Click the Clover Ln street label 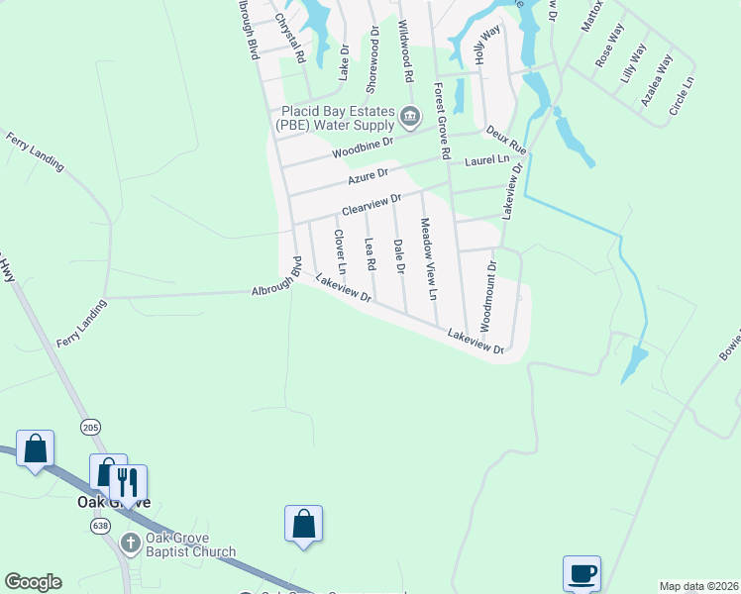[340, 252]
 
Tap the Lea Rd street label [370, 254]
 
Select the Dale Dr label [399, 256]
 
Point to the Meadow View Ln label [428, 259]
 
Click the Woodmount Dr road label [488, 291]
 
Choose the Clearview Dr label [371, 205]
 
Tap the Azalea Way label [656, 80]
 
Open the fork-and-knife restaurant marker [127, 482]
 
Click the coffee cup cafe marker [582, 573]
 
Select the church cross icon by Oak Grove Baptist [130, 543]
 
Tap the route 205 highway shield [91, 427]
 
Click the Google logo [33, 582]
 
